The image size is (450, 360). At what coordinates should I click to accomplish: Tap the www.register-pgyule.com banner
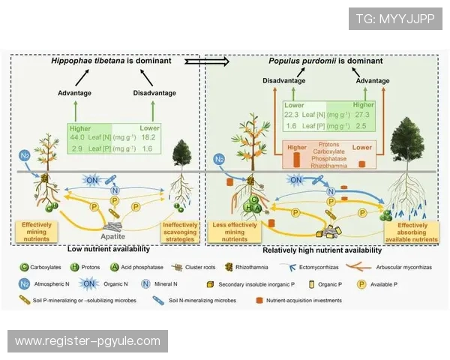click(x=87, y=341)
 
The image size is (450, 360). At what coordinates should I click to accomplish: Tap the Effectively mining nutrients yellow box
click(x=36, y=229)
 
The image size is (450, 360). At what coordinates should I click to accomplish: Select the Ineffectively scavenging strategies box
click(x=180, y=229)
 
